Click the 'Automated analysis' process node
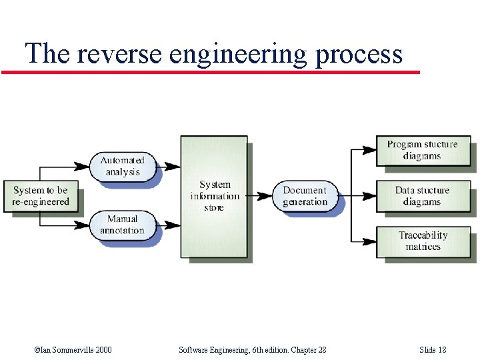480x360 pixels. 123,166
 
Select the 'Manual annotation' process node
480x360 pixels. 123,225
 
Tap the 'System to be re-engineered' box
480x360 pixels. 41,196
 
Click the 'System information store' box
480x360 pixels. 214,196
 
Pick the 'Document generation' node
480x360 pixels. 305,196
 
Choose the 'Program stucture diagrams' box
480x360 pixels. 422,150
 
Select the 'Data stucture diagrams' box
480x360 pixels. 422,196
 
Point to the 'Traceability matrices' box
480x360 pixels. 422,241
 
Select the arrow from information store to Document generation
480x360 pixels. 260,196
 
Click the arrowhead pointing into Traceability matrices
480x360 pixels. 370,241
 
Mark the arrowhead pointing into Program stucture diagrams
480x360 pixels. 370,150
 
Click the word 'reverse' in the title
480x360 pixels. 120,53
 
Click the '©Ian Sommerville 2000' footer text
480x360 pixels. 73,350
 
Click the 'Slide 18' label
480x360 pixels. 433,350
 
